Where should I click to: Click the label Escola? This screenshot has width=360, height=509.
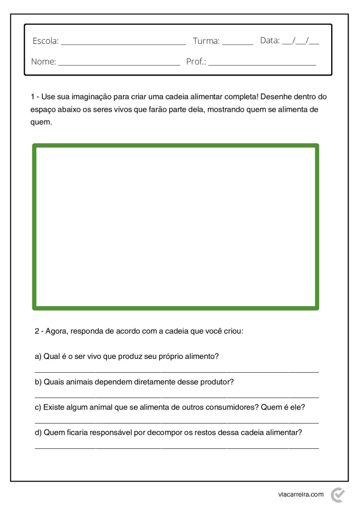(45, 41)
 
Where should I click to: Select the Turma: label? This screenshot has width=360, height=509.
(206, 41)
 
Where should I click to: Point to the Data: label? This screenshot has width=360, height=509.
(270, 40)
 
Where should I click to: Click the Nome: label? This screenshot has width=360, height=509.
(44, 62)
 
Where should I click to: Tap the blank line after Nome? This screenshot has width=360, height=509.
(119, 65)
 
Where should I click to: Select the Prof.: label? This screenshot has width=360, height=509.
(196, 62)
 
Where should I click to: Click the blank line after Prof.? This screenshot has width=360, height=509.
(262, 65)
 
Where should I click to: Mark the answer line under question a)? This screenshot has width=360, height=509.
(177, 371)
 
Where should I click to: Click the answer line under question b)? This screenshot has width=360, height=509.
(177, 397)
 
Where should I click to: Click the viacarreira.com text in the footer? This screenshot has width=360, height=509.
(301, 494)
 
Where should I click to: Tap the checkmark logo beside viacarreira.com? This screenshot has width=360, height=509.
(338, 494)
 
